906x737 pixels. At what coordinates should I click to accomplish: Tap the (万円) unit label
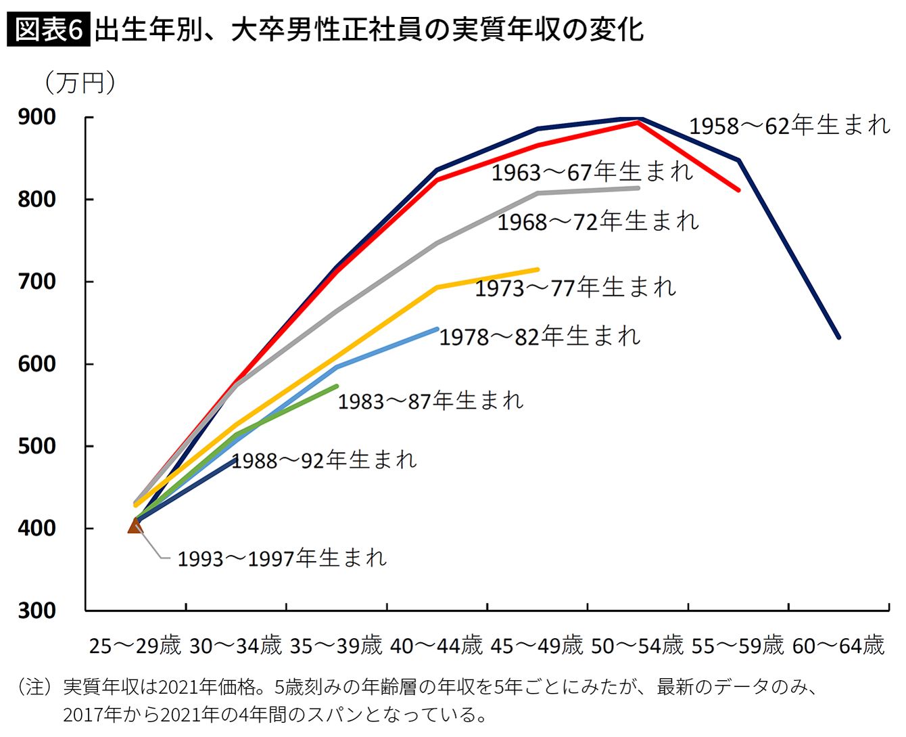[x=80, y=83]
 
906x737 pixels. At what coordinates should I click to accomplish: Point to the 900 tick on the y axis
[x=37, y=117]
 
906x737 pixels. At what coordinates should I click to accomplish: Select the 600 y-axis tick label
[x=37, y=364]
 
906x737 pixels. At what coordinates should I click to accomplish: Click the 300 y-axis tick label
[x=37, y=610]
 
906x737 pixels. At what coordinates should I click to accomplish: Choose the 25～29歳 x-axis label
[x=135, y=646]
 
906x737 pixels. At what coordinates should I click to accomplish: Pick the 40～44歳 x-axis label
[x=437, y=646]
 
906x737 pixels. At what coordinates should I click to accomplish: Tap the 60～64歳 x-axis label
[x=838, y=646]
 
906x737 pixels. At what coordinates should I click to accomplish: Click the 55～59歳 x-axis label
[x=738, y=646]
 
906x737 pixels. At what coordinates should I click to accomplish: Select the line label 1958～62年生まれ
[x=790, y=126]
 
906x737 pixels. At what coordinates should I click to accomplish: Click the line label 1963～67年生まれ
[x=592, y=173]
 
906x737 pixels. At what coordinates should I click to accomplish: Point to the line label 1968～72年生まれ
[x=598, y=222]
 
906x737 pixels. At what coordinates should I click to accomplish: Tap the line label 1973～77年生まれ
[x=575, y=288]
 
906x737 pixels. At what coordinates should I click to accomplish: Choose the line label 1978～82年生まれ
[x=540, y=336]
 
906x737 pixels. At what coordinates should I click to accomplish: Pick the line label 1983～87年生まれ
[x=431, y=401]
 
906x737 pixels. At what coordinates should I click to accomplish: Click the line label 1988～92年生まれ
[x=325, y=461]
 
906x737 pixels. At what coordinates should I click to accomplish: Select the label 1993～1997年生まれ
[x=282, y=558]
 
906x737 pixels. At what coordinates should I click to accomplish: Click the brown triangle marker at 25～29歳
[x=135, y=526]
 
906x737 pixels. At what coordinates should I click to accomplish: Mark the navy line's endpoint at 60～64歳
[x=838, y=337]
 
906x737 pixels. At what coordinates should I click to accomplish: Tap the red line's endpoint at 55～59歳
[x=738, y=190]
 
